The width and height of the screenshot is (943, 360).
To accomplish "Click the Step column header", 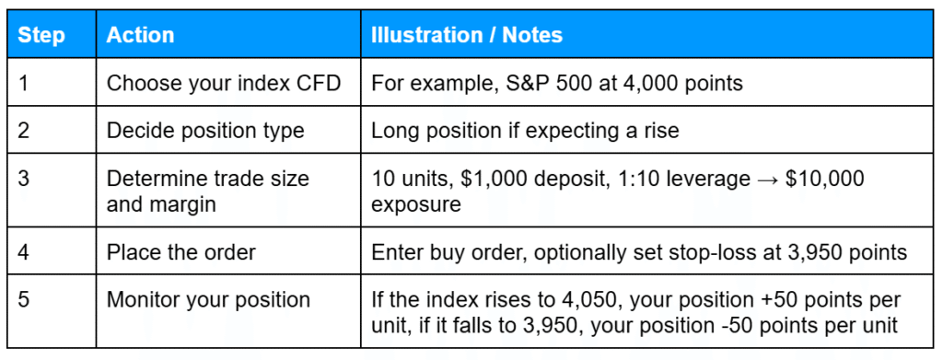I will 42,35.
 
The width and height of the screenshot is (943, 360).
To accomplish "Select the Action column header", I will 140,35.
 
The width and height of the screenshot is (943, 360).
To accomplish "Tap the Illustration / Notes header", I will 467,35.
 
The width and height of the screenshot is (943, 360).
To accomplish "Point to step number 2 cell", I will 24,130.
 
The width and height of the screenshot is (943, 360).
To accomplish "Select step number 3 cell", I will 24,179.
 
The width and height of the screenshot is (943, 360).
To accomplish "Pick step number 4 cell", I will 24,251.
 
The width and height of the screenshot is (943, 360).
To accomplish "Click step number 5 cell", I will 24,299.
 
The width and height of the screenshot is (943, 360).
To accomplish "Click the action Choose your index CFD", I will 224,83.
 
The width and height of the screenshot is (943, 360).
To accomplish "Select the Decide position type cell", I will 205,130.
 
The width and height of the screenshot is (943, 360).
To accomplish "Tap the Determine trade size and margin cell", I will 207,191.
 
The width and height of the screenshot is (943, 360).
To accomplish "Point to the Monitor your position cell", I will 208,299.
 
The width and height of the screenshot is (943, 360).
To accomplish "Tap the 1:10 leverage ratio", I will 634,179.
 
